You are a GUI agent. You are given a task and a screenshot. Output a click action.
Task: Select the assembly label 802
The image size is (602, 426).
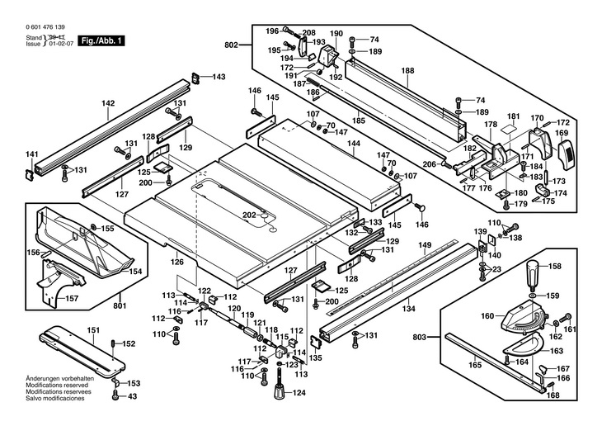pos(232,45)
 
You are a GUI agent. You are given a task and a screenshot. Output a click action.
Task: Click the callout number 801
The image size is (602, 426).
pos(121,305)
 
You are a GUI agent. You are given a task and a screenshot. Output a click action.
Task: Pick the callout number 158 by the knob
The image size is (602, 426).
pos(554,266)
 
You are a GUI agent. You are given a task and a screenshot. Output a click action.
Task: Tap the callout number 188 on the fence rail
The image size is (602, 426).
pos(407,71)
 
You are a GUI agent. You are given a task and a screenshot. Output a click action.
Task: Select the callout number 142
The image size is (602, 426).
pos(108,103)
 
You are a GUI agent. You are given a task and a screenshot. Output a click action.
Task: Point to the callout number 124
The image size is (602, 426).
pos(299,393)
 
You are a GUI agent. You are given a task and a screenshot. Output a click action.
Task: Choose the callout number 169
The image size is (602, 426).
pos(561,132)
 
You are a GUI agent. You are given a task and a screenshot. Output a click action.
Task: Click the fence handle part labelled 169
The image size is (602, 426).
pos(565,154)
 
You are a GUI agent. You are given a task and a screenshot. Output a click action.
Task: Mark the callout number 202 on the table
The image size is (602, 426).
pos(248,215)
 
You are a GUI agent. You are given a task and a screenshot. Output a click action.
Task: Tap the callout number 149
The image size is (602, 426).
pos(425,244)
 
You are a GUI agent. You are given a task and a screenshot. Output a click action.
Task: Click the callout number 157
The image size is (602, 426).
pos(71,298)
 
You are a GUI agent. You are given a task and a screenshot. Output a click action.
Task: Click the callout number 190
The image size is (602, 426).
pos(336,34)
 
